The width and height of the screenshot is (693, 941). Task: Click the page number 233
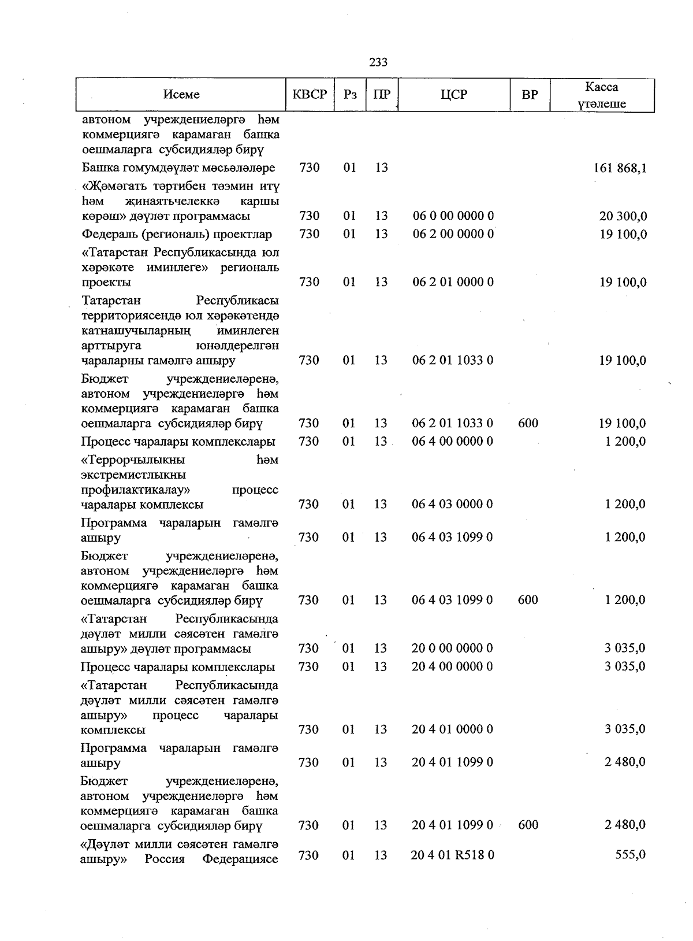tap(378, 62)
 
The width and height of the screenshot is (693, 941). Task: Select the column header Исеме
tap(181, 95)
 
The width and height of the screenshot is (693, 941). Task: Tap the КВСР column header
tap(310, 95)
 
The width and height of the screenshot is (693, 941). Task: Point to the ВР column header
tap(529, 95)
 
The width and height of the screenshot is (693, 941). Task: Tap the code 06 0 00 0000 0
tap(453, 216)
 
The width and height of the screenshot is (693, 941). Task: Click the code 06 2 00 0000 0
tap(453, 234)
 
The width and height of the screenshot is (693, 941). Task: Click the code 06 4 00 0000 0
tap(453, 442)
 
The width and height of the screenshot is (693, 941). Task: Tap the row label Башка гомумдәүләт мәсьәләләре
tap(178, 168)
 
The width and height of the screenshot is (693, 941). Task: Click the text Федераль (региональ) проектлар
tap(177, 235)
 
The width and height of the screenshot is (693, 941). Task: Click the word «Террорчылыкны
tap(133, 460)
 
